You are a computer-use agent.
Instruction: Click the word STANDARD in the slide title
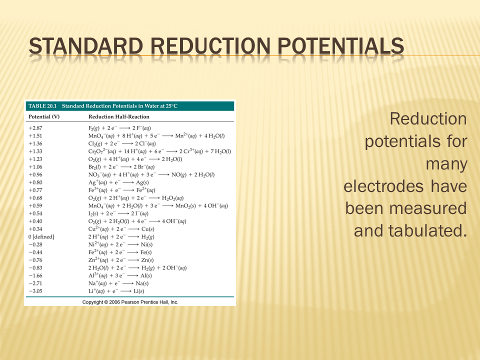(x=86, y=46)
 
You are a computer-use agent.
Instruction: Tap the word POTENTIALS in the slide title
(x=340, y=46)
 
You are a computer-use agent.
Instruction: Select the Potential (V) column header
(x=44, y=116)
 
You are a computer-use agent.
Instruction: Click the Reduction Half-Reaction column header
(x=119, y=116)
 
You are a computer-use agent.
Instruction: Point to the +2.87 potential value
(x=35, y=128)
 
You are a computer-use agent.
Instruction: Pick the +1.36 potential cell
(x=35, y=143)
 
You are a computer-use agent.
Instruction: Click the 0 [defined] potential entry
(x=41, y=237)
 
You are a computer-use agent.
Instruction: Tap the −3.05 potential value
(x=35, y=291)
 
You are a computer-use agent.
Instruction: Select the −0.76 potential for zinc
(x=35, y=260)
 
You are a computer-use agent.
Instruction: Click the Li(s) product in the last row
(x=139, y=291)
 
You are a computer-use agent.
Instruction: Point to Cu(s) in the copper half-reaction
(x=148, y=229)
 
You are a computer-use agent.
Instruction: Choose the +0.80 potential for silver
(x=35, y=182)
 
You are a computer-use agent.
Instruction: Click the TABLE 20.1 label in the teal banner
(x=42, y=106)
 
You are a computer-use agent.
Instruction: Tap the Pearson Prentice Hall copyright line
(x=130, y=302)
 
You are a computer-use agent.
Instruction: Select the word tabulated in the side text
(x=427, y=231)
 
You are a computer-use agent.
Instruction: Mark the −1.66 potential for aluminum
(x=35, y=276)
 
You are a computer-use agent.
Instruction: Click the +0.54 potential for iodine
(x=35, y=213)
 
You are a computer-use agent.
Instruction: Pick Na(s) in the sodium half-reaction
(x=142, y=283)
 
